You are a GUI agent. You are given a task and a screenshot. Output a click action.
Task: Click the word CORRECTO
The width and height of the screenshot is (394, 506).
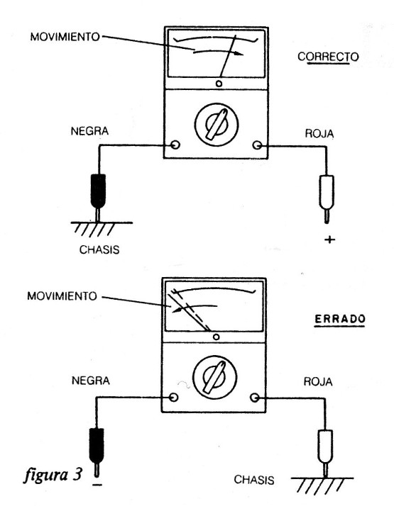(328, 57)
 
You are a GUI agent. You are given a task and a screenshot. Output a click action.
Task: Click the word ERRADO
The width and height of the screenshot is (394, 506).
(340, 319)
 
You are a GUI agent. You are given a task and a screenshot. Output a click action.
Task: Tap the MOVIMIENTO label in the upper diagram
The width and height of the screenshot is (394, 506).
(65, 36)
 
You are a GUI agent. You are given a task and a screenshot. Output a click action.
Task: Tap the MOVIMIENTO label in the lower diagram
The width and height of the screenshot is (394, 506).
(62, 296)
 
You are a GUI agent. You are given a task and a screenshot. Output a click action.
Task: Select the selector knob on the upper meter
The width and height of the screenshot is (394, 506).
(217, 125)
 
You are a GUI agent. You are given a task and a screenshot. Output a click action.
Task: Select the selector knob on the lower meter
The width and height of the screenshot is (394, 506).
(214, 377)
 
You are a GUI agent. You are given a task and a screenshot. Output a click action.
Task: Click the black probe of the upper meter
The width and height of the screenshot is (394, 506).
(98, 196)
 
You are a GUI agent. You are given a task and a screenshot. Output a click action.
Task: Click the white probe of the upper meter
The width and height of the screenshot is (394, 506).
(327, 198)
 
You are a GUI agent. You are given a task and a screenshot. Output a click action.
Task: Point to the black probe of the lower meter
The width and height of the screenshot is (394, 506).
(97, 451)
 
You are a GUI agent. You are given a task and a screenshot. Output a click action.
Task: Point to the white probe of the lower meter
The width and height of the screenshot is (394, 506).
(325, 453)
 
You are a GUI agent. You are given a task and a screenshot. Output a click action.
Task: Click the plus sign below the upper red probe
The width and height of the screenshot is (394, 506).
(329, 240)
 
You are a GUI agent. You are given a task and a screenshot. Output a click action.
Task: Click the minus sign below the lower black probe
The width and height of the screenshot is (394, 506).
(97, 485)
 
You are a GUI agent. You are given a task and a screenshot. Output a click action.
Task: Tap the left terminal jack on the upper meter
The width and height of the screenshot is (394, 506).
(175, 145)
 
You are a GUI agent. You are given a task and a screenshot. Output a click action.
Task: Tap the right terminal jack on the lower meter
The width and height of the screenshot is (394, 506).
(255, 398)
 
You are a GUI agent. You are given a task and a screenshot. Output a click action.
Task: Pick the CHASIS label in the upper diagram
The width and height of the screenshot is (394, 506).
(99, 249)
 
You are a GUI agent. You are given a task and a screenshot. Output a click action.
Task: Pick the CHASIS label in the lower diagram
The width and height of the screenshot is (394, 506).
(254, 480)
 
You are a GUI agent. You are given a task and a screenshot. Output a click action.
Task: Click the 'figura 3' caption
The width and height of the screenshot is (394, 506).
(53, 475)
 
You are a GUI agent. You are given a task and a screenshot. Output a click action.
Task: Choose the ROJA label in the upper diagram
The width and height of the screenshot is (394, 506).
(319, 134)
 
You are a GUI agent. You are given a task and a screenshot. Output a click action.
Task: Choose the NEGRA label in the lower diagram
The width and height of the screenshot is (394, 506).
(90, 381)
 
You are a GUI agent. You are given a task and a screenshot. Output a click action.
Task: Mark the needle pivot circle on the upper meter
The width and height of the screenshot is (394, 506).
(219, 84)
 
